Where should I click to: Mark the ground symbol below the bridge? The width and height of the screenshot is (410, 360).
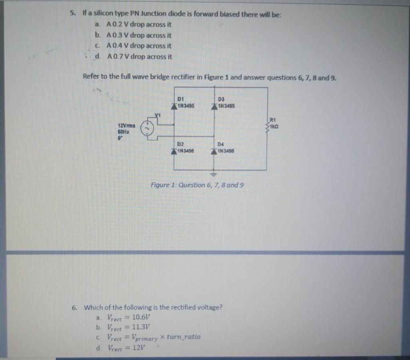213,175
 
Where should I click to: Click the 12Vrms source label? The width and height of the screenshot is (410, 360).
126,125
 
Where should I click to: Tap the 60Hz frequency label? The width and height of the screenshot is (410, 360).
123,131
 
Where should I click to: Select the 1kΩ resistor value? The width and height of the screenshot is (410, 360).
274,127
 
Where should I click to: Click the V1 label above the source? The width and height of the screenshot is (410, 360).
157,115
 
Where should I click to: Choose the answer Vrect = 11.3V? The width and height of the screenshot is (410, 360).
128,327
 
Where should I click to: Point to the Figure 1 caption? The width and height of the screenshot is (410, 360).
197,185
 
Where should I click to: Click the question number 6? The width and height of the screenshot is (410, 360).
74,308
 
